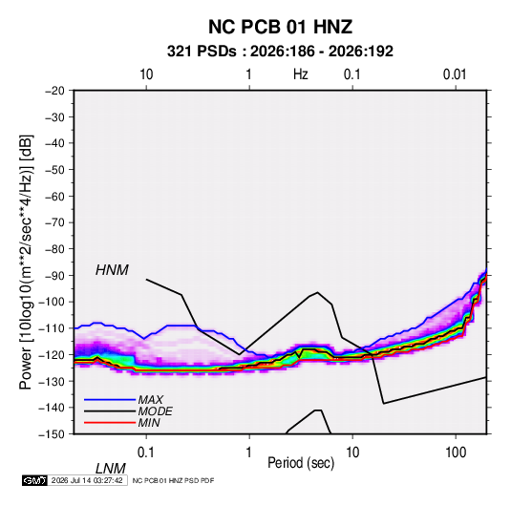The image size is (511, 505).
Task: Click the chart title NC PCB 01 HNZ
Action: pos(280,27)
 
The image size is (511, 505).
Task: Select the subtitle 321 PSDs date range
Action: pos(280,52)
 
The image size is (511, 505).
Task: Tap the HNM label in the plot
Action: pos(112,270)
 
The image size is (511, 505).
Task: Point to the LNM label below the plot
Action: pos(110,469)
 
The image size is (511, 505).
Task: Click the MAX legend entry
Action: pos(150,400)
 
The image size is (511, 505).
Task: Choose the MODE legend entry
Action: pos(155,411)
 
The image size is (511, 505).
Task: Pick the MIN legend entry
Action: pos(149,423)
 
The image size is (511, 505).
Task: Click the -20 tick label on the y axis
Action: pos(54,91)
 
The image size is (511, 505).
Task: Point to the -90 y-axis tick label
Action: pos(54,276)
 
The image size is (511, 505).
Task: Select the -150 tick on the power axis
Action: pos(52,434)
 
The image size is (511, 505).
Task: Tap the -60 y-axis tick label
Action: pos(54,197)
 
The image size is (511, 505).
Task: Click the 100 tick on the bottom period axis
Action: pos(456,452)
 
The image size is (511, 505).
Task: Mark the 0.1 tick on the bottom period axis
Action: pos(146,452)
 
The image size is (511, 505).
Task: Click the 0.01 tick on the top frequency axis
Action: pos(455,74)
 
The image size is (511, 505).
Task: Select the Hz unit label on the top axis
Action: pos(301,74)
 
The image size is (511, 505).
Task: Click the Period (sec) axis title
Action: pos(301,463)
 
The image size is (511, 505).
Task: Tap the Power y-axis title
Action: pos(26,263)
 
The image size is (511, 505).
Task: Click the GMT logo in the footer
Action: pos(34,480)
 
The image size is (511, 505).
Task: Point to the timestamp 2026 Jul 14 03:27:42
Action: pos(87,480)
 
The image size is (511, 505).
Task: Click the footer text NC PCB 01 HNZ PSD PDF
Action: pos(174,480)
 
